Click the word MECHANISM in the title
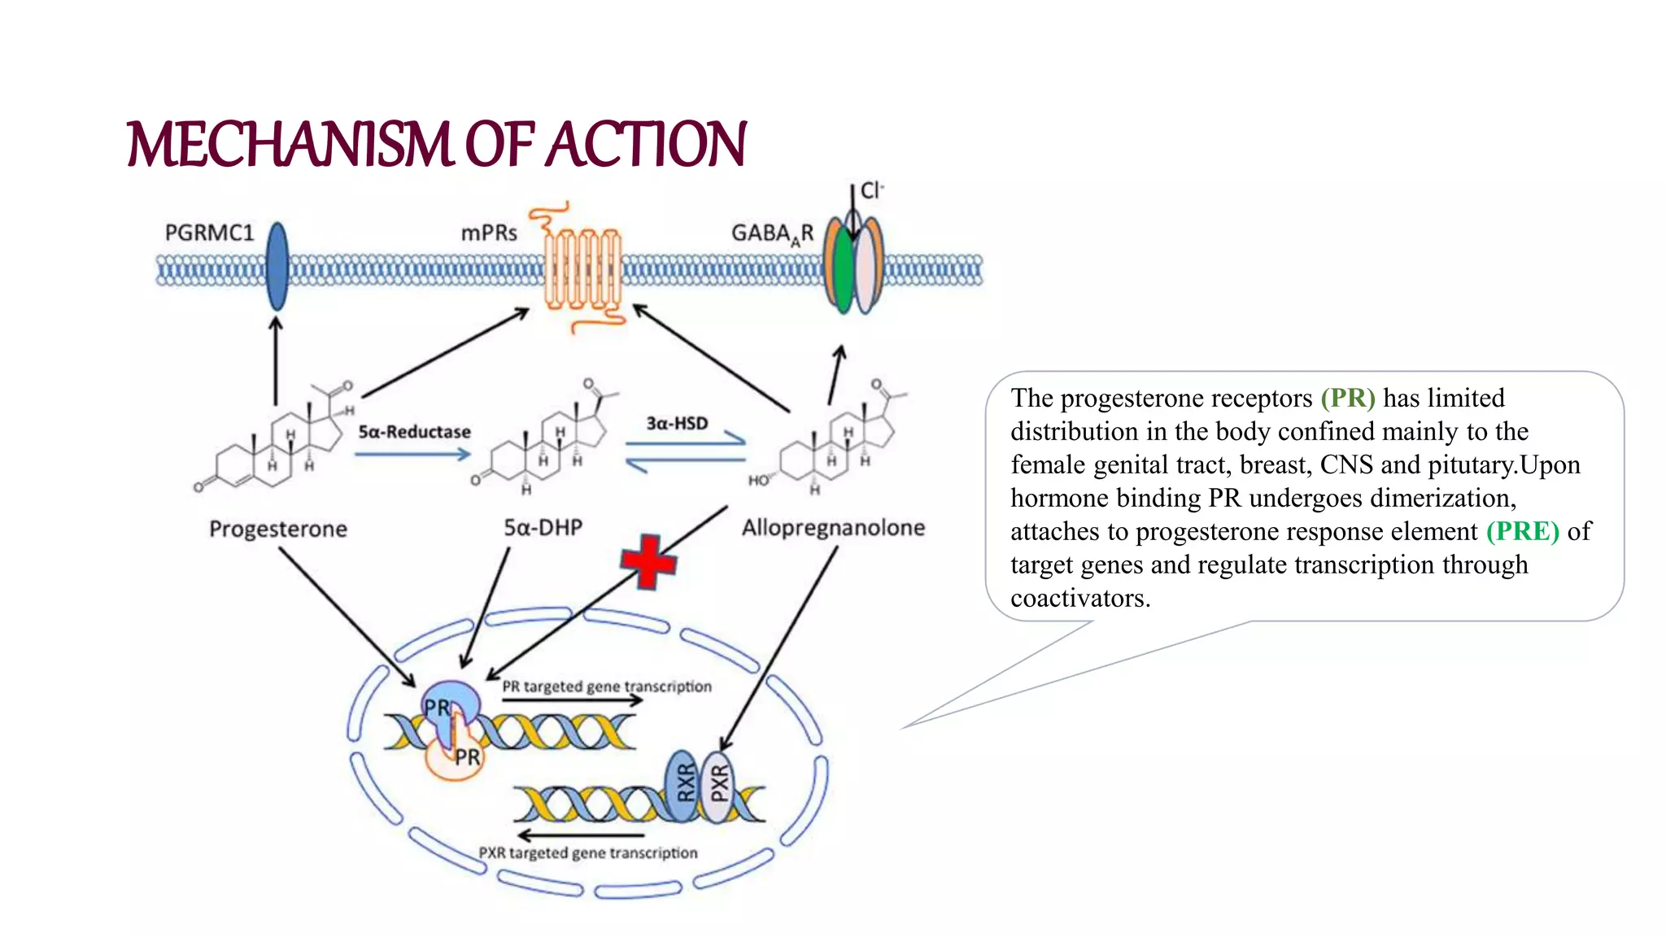coord(289,145)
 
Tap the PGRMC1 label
coord(209,233)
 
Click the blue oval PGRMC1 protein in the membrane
coord(277,267)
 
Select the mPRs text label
coord(489,233)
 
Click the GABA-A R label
coord(772,234)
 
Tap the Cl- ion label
coord(871,190)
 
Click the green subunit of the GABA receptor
coord(844,268)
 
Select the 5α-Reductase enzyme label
coord(414,432)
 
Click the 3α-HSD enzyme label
coord(677,423)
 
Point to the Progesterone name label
coord(278,530)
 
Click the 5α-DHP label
coord(543,528)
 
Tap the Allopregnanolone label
coord(833,528)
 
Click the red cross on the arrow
coord(648,561)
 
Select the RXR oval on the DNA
coord(685,783)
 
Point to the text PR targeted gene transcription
coord(606,686)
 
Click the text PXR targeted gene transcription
coord(587,853)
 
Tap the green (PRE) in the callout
coord(1522,531)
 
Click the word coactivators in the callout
coord(1079,599)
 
